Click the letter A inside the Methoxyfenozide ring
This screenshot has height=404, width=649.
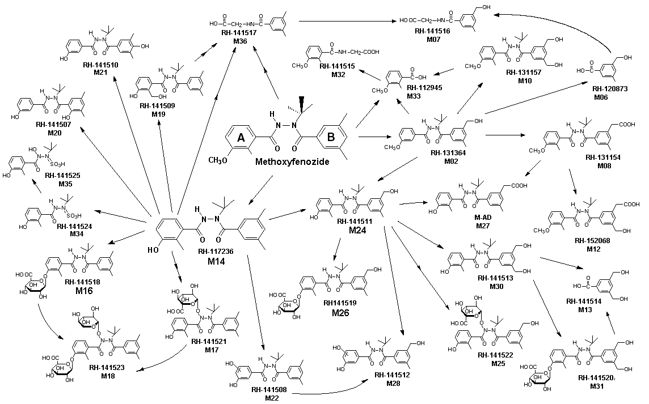(241, 138)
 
